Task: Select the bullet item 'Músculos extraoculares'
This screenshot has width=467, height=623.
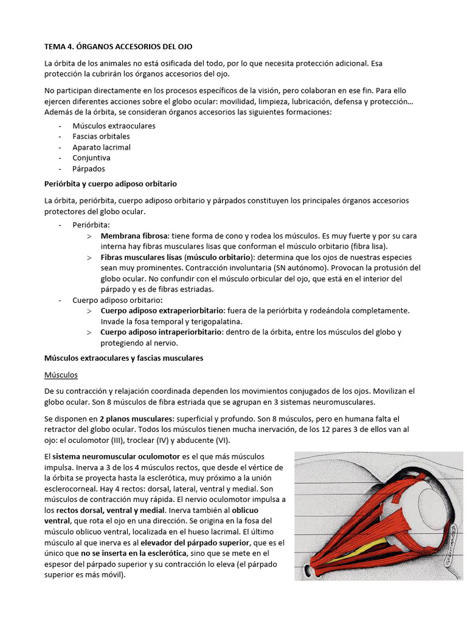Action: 114,126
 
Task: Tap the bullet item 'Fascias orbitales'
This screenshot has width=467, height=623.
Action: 101,136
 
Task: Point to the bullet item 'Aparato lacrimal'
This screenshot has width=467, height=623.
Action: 102,147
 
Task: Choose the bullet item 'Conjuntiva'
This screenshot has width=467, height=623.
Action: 91,158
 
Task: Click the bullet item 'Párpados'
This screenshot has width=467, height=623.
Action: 89,169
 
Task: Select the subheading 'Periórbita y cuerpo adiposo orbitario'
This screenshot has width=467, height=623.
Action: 111,183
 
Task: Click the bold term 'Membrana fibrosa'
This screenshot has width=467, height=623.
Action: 135,235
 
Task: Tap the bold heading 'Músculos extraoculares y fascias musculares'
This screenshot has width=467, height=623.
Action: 123,358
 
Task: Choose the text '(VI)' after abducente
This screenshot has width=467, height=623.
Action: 223,440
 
